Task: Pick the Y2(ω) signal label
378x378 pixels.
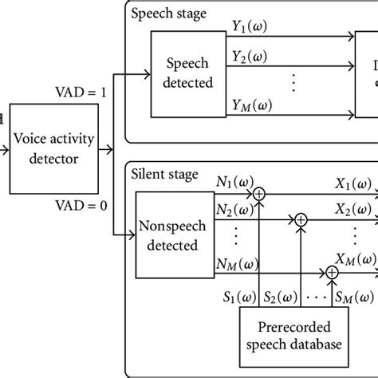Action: (x=254, y=59)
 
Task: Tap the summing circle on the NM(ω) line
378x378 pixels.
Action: (x=333, y=275)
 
